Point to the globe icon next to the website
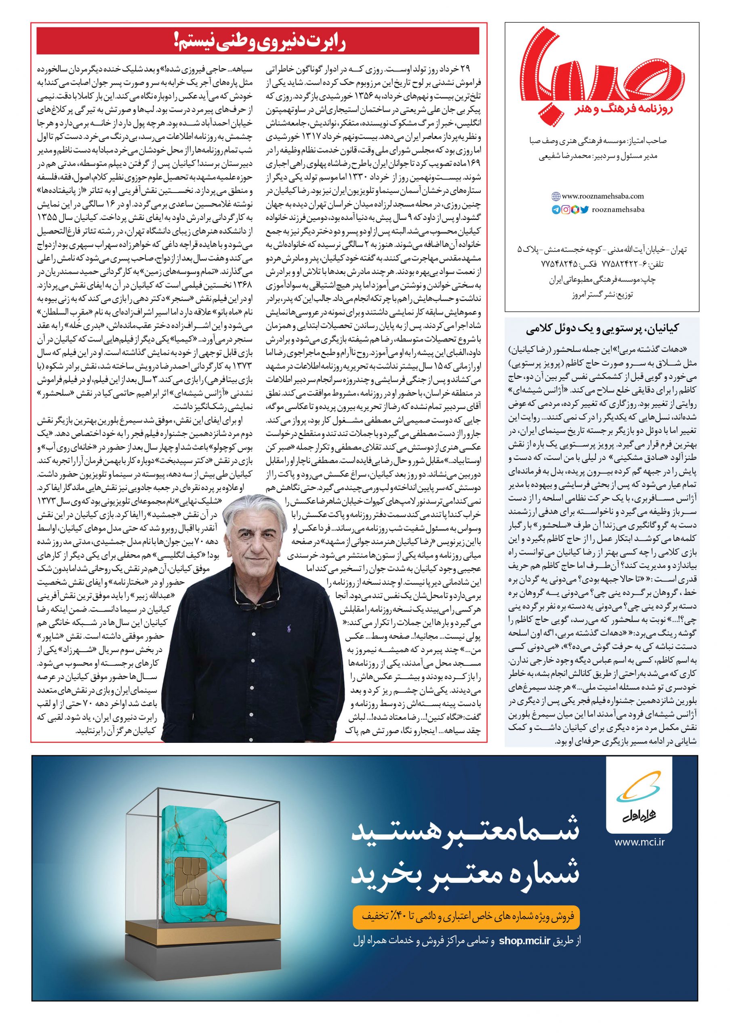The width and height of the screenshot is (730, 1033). [556, 196]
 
